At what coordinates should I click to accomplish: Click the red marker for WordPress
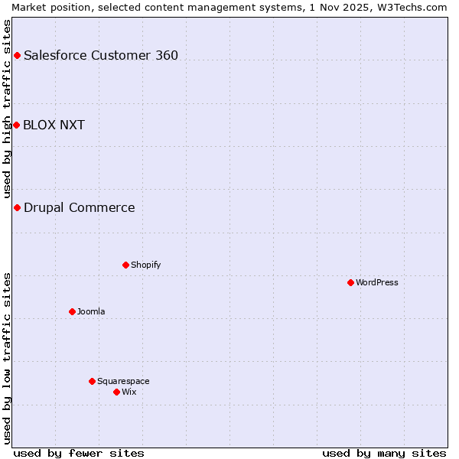pos(350,282)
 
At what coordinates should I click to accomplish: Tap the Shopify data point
pos(125,265)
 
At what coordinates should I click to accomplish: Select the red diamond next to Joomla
pos(72,311)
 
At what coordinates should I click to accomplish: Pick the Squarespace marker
pos(92,381)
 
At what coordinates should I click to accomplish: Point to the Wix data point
pos(116,392)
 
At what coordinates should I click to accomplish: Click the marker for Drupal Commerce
pos(17,207)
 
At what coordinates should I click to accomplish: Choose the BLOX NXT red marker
pos(16,125)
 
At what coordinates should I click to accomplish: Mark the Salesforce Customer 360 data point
pos(17,55)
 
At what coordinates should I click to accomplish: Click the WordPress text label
pos(377,282)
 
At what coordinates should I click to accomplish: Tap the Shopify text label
pos(145,265)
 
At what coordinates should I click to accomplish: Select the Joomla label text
pos(91,311)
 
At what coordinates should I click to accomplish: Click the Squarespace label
pos(123,381)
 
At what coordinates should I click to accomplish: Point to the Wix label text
pos(129,392)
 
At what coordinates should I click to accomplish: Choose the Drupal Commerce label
pos(79,207)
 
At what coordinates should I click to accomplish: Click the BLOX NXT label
pos(54,125)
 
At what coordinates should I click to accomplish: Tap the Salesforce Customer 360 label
pos(101,55)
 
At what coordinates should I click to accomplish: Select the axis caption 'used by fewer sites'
pos(79,453)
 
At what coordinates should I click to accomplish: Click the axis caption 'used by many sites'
pos(384,453)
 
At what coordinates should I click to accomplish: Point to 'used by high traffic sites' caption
pos(7,109)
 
